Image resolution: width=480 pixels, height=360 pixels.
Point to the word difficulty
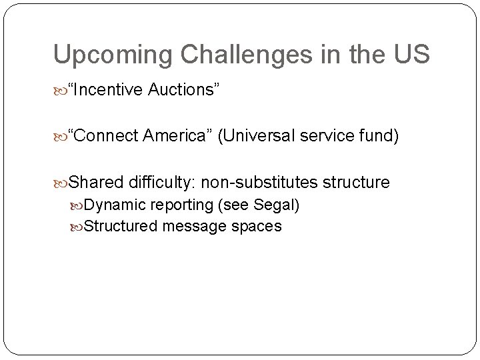coord(163,182)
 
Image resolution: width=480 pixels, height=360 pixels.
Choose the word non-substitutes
coord(260,182)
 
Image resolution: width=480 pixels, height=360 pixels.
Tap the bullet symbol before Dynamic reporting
coord(77,205)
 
